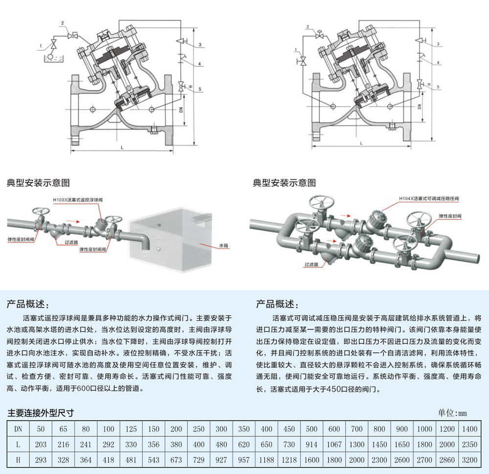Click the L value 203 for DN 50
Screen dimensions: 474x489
(41, 444)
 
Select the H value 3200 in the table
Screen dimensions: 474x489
(468, 460)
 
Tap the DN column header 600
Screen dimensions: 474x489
(334, 429)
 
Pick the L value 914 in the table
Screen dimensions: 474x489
(311, 444)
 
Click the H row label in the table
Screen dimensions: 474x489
(18, 460)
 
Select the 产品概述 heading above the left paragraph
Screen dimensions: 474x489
(27, 304)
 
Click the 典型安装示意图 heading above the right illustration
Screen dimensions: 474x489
(284, 183)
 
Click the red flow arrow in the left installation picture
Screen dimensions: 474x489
(73, 221)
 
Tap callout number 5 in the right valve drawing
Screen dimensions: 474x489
(439, 87)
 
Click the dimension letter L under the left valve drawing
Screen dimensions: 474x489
(121, 147)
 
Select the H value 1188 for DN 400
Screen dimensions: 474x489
(267, 460)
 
